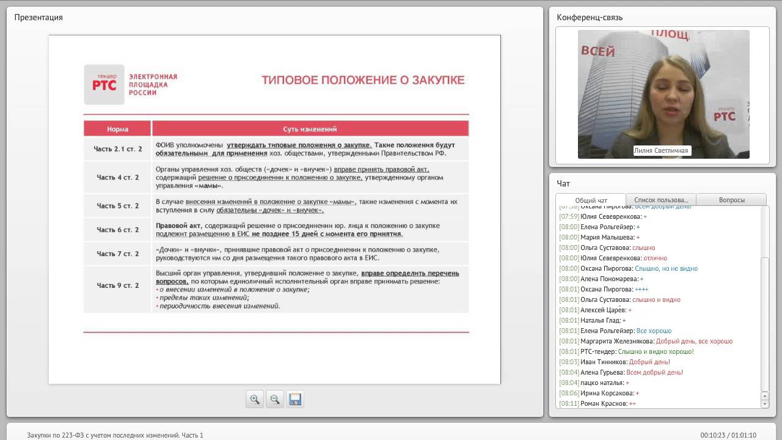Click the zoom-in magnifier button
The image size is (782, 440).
[255, 399]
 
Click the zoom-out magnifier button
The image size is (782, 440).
[275, 399]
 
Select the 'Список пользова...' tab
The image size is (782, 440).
[661, 200]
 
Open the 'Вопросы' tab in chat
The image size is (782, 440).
[731, 200]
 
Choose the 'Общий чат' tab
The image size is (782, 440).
[591, 200]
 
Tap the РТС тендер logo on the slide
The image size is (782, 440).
[104, 84]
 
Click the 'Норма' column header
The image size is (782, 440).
[117, 129]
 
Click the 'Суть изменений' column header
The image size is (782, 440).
[310, 129]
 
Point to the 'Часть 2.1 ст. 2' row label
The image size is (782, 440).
[118, 149]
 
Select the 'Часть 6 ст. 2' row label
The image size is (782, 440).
[118, 230]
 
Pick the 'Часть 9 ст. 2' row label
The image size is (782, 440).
[118, 285]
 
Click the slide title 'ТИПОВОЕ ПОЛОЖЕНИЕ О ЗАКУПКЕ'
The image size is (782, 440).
[363, 80]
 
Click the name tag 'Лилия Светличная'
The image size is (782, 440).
[661, 150]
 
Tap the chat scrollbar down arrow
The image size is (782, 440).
[765, 404]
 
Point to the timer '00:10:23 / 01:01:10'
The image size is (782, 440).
[728, 435]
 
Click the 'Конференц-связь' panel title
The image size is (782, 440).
[590, 17]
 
